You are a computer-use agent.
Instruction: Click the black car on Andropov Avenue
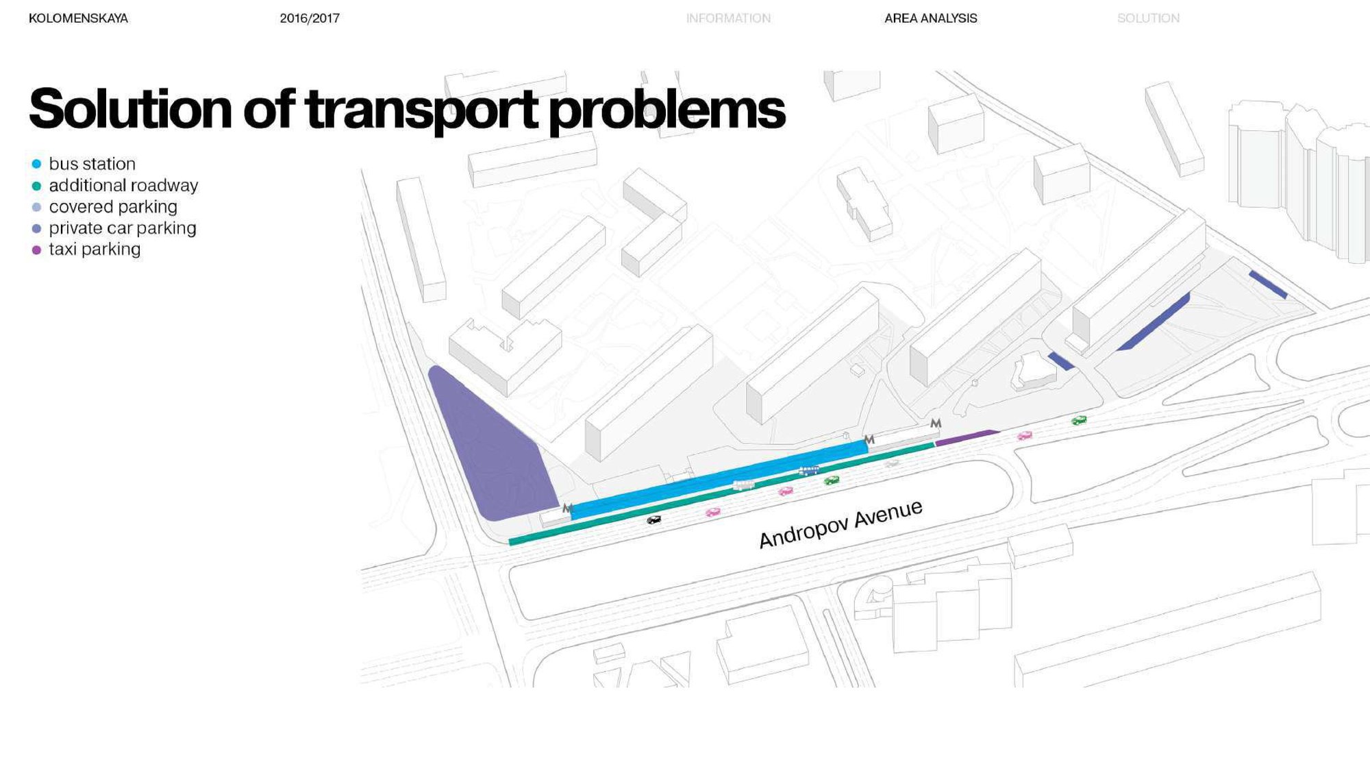point(654,520)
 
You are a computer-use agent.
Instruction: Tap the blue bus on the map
point(809,471)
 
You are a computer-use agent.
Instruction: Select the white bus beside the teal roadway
point(744,485)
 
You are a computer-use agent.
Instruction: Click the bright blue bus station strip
point(719,480)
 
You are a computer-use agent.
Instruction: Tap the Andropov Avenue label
point(840,524)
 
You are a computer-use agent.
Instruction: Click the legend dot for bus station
point(37,164)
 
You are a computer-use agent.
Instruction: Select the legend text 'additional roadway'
point(123,185)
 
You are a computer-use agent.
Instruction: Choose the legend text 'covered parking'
point(113,206)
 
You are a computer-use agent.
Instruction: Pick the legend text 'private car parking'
point(123,228)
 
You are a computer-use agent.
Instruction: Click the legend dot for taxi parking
point(37,250)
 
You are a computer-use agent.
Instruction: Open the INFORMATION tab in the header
point(728,19)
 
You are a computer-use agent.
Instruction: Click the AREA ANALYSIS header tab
point(931,19)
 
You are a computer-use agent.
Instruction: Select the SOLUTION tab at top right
point(1149,19)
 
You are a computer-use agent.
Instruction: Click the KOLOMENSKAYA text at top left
point(78,19)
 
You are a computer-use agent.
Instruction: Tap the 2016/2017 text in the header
point(310,19)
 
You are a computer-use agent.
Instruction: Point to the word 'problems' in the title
point(667,110)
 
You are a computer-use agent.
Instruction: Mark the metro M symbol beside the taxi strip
point(936,424)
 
